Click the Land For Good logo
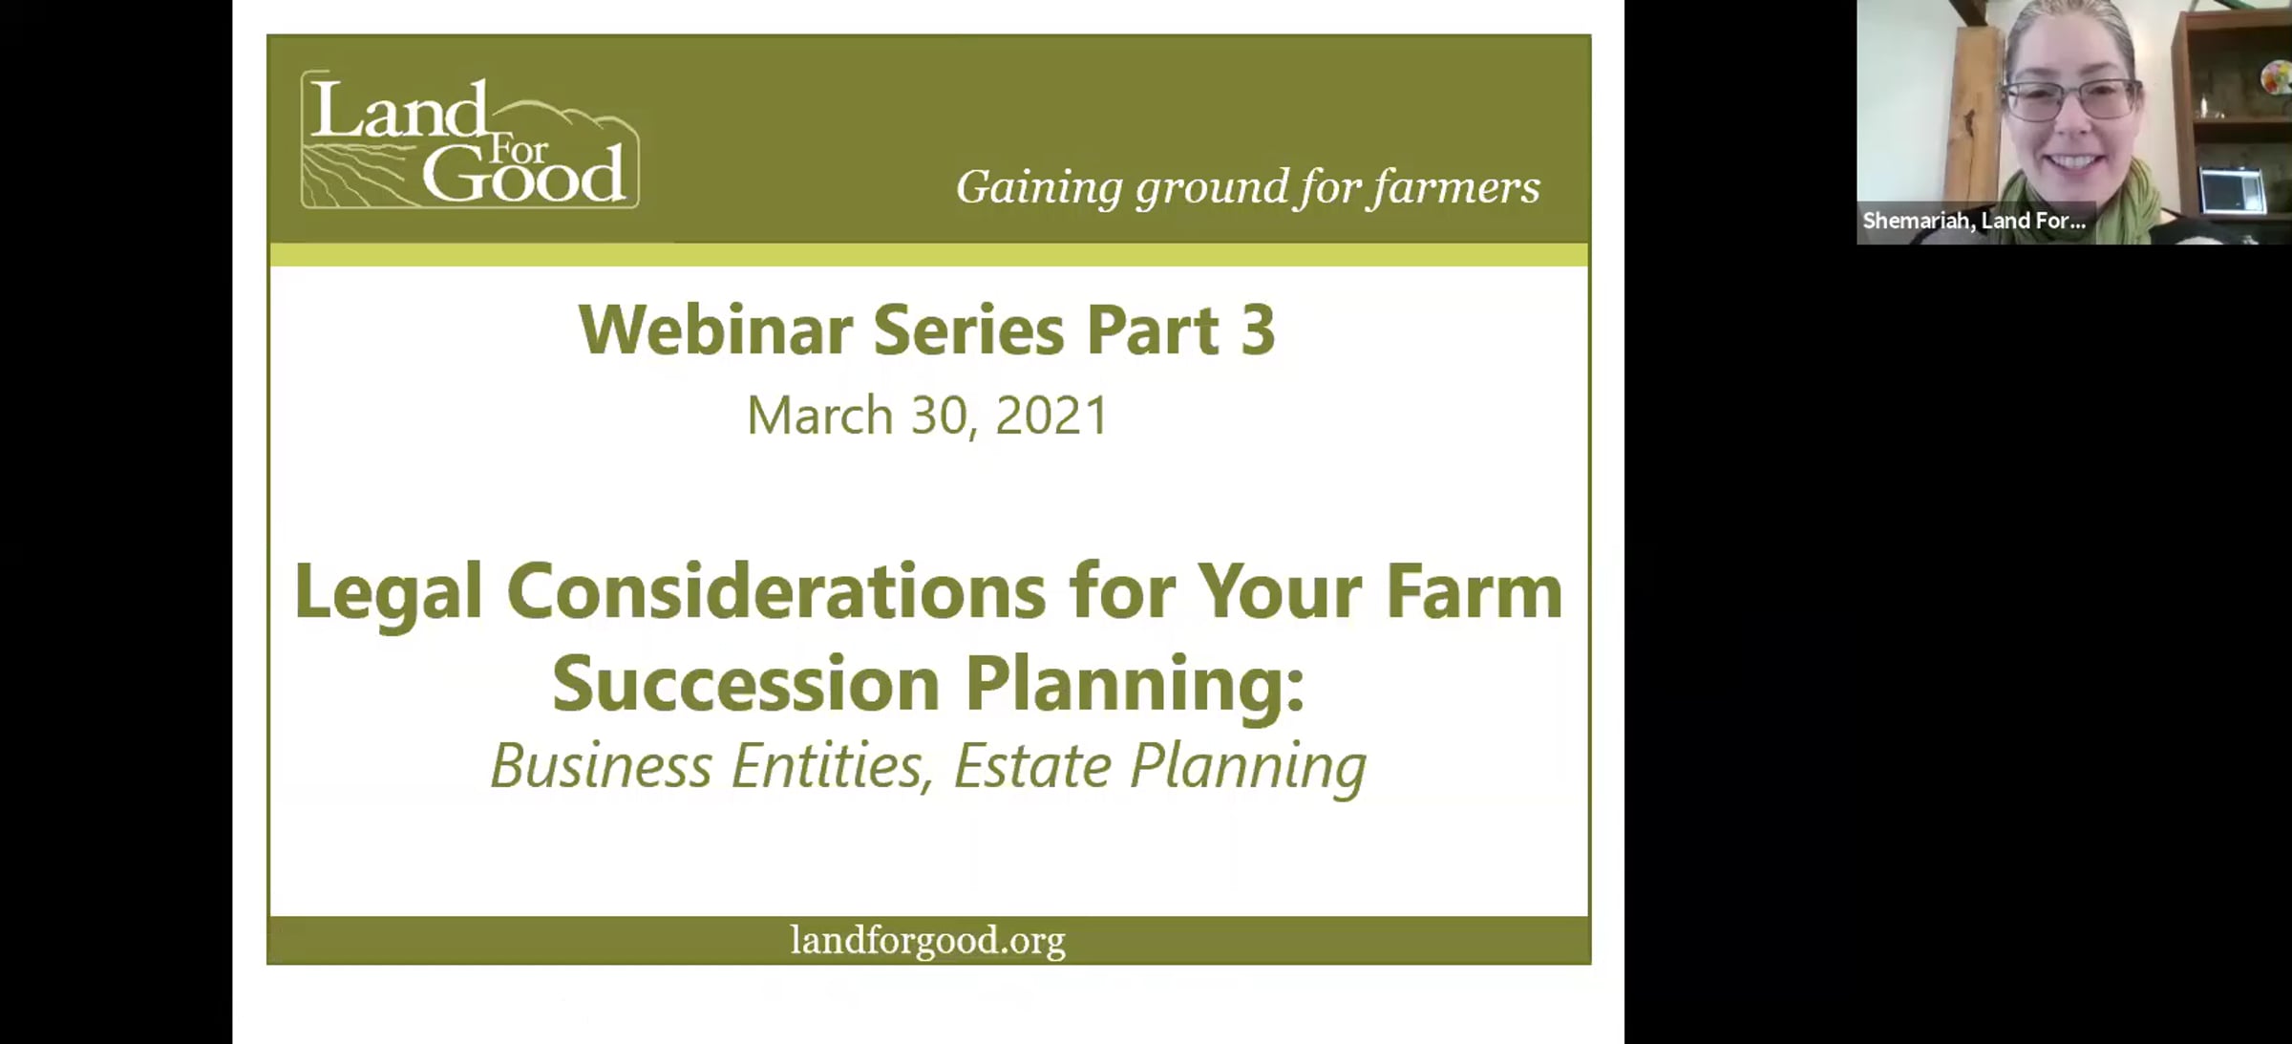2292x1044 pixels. tap(470, 139)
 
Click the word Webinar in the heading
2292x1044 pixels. tap(715, 330)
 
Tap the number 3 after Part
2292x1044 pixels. tap(1258, 330)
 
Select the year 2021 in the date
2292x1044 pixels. tap(1050, 415)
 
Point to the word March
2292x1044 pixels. tap(819, 415)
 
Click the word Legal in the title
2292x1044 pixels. tap(388, 593)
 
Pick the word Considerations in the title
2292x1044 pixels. tap(775, 591)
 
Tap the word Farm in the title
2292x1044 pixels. tap(1474, 591)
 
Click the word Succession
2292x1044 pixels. tap(746, 684)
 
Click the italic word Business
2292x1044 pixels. tap(602, 766)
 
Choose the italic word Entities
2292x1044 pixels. tap(831, 766)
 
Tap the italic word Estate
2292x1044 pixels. tap(1032, 766)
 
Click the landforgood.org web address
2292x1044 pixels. tap(927, 941)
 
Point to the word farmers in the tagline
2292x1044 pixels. tap(1455, 187)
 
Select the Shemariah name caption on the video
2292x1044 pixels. tap(1973, 221)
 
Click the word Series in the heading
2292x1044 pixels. tap(968, 330)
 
